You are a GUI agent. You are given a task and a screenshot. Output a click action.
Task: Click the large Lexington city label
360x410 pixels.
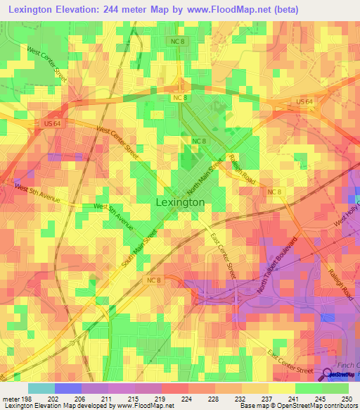pyautogui.click(x=179, y=202)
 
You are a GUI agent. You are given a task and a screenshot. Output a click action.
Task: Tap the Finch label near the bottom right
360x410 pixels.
pyautogui.click(x=349, y=365)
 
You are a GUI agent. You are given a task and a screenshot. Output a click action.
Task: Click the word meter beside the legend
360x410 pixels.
pyautogui.click(x=11, y=399)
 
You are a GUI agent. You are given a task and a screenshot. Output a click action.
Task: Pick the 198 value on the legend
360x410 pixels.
pyautogui.click(x=27, y=399)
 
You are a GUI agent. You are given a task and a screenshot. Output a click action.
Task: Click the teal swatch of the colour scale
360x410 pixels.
pyautogui.click(x=41, y=388)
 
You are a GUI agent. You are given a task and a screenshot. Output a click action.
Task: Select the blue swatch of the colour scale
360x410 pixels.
pyautogui.click(x=67, y=388)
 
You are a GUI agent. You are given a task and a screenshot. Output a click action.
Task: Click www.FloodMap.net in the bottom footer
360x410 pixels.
pyautogui.click(x=141, y=406)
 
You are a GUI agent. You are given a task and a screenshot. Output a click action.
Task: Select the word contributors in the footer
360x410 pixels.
pyautogui.click(x=340, y=406)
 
